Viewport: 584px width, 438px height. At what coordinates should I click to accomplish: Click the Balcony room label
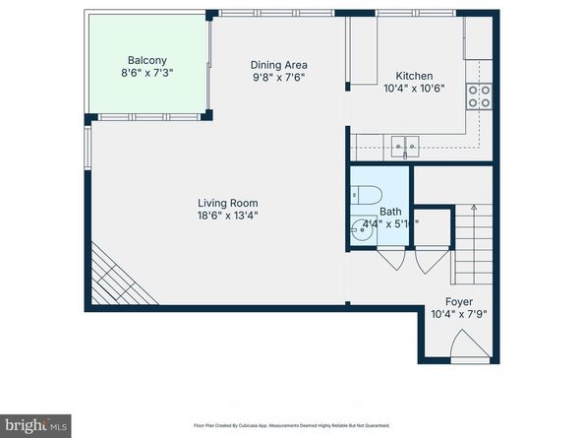pyautogui.click(x=146, y=59)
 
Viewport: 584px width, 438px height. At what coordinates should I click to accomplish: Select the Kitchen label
pyautogui.click(x=413, y=76)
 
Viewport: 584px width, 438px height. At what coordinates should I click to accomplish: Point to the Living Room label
pyautogui.click(x=228, y=203)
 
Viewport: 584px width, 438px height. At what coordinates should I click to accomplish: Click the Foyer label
pyautogui.click(x=458, y=302)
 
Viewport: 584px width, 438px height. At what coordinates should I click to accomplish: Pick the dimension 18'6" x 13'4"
pyautogui.click(x=228, y=216)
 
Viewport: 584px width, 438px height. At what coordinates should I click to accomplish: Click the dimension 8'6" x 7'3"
pyautogui.click(x=146, y=72)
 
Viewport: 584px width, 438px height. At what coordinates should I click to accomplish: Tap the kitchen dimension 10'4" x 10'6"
pyautogui.click(x=413, y=89)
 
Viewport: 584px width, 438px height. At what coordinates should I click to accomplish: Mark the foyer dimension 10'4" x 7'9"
pyautogui.click(x=458, y=315)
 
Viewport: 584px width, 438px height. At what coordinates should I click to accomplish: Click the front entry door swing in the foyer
pyautogui.click(x=466, y=347)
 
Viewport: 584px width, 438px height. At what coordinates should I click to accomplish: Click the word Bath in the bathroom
pyautogui.click(x=390, y=211)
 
